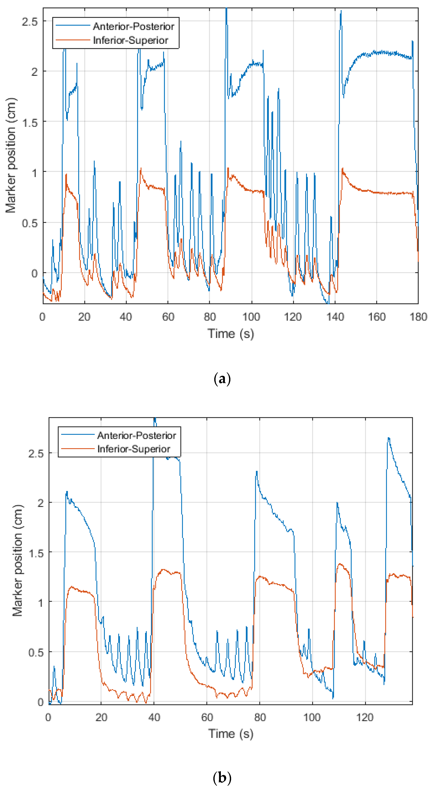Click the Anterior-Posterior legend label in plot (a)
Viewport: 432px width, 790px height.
coord(133,27)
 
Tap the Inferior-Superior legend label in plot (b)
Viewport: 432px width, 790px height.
coord(134,449)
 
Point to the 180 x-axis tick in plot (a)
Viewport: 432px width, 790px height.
coord(418,317)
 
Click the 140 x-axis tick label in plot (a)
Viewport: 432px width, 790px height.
coord(335,317)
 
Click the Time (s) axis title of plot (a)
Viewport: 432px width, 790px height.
coord(231,334)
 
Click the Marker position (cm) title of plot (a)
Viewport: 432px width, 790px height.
coord(11,155)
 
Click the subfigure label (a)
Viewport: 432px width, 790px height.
coord(221,379)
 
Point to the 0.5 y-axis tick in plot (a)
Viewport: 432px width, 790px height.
coord(30,223)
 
